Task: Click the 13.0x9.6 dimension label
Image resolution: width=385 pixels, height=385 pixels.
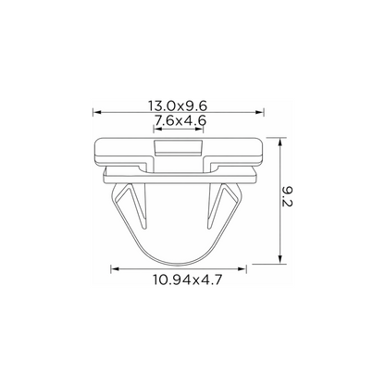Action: click(x=178, y=106)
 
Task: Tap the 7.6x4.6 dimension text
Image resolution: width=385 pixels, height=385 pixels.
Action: click(x=180, y=120)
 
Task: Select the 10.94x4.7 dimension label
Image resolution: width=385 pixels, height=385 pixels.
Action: click(x=188, y=279)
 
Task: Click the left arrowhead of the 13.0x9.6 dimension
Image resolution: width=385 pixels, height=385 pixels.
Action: click(x=97, y=112)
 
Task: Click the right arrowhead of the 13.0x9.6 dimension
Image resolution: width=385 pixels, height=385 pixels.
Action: click(x=260, y=112)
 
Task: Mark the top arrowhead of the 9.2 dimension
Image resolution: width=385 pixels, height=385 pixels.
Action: click(x=280, y=142)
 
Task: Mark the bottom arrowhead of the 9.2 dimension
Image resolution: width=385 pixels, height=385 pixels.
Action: click(x=280, y=259)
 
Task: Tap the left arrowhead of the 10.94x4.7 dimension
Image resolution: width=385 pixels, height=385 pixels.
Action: click(x=115, y=269)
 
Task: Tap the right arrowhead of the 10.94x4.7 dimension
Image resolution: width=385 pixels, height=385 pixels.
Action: click(x=242, y=269)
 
